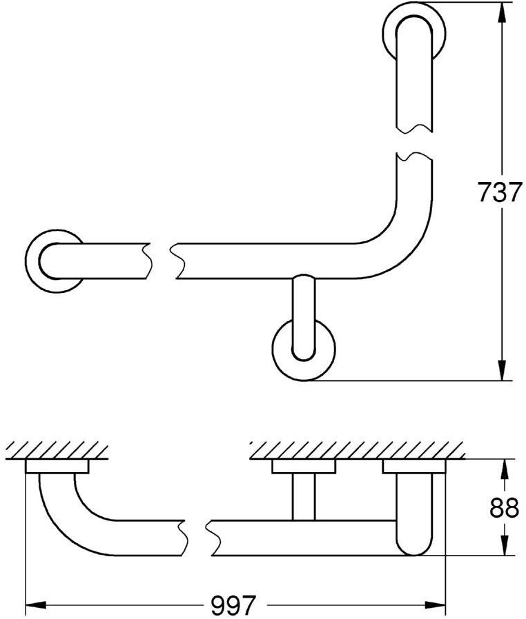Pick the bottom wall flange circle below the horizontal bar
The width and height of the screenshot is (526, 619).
coord(303,349)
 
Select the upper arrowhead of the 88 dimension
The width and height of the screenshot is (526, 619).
coord(504,470)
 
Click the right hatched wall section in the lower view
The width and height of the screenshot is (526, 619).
coord(355,451)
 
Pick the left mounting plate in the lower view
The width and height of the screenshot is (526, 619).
coord(57,467)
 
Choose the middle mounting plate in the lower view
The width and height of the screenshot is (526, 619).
coord(303,467)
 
